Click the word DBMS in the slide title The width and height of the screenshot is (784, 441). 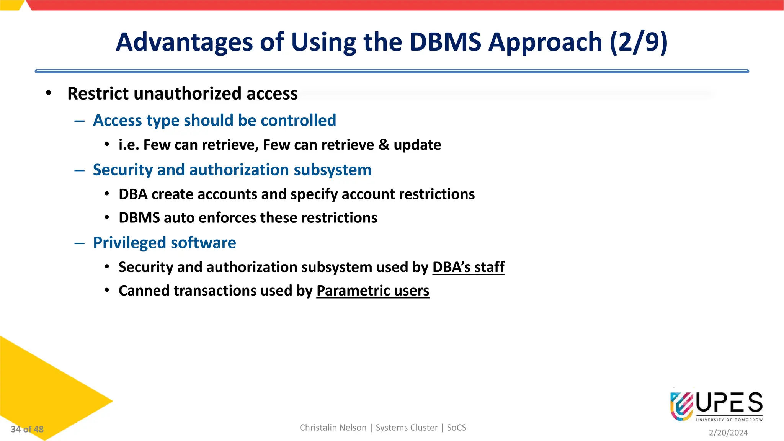[x=445, y=42]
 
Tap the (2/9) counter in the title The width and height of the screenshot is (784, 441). [x=638, y=42]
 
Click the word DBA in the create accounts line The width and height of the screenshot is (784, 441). [x=133, y=194]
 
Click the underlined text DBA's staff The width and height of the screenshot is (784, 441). [x=468, y=267]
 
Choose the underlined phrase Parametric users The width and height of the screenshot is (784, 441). [x=372, y=291]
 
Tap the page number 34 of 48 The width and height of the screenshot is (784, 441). [x=27, y=430]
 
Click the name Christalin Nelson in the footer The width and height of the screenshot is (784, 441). [x=333, y=428]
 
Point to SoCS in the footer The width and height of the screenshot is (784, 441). [x=456, y=428]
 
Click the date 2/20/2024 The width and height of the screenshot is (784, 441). [x=728, y=433]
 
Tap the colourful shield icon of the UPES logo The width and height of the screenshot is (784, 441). [x=681, y=406]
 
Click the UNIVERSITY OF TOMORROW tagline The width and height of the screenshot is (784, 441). [x=729, y=420]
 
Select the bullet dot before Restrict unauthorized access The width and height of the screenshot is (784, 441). [x=48, y=93]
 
